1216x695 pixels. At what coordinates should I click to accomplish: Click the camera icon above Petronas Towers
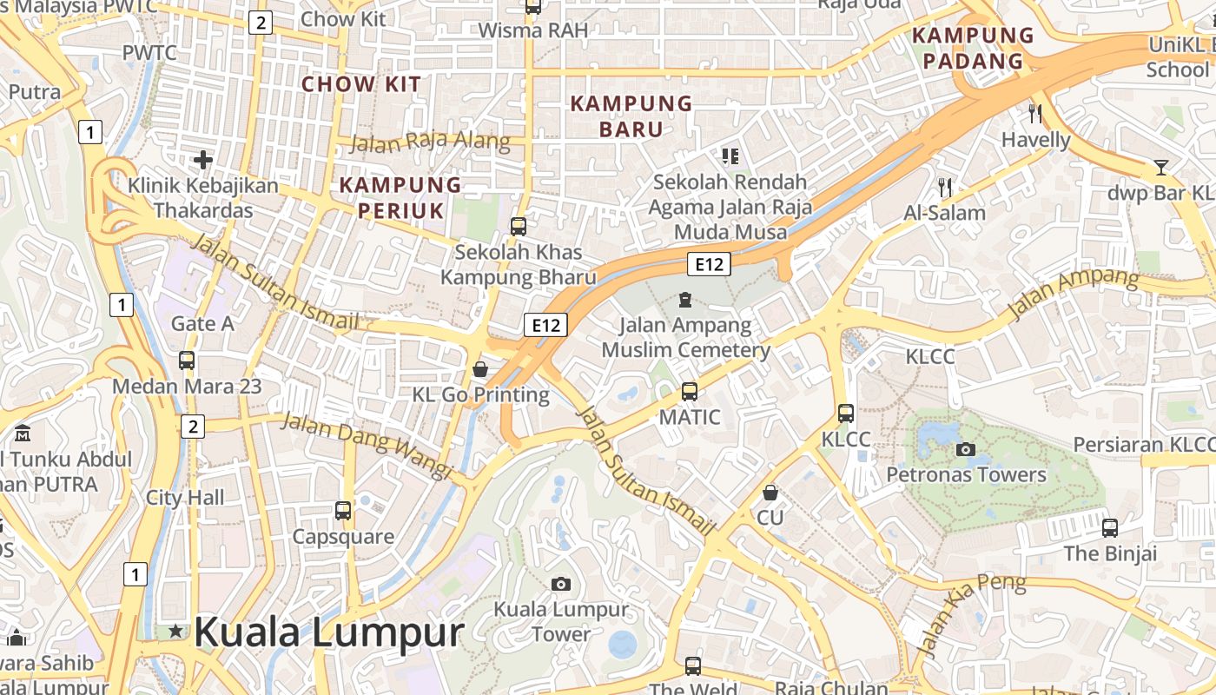[x=965, y=449]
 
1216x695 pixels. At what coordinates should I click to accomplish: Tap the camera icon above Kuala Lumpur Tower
[x=561, y=584]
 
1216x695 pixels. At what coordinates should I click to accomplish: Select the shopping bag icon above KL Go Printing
[x=479, y=369]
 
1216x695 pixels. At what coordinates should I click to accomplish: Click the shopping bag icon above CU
[x=770, y=493]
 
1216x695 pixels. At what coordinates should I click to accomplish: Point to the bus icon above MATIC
[x=690, y=392]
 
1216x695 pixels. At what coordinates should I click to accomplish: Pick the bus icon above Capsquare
[x=343, y=511]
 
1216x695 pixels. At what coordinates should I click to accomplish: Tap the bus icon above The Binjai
[x=1110, y=527]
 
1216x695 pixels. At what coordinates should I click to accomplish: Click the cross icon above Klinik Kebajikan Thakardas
[x=203, y=160]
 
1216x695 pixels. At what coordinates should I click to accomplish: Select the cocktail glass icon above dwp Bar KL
[x=1160, y=167]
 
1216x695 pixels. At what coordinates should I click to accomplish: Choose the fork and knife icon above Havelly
[x=1034, y=113]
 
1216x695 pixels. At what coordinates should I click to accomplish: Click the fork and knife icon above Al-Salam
[x=945, y=187]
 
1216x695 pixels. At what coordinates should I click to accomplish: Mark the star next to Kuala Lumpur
[x=176, y=632]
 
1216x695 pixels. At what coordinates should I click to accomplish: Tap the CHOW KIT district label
[x=360, y=84]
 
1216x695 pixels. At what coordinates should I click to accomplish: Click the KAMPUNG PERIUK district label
[x=400, y=197]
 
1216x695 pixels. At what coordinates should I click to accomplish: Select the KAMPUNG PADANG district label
[x=973, y=48]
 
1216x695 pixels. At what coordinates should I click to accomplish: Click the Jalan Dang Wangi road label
[x=367, y=445]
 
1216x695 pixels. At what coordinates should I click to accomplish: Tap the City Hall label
[x=185, y=498]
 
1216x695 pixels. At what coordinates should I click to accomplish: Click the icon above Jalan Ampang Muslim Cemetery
[x=685, y=301]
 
